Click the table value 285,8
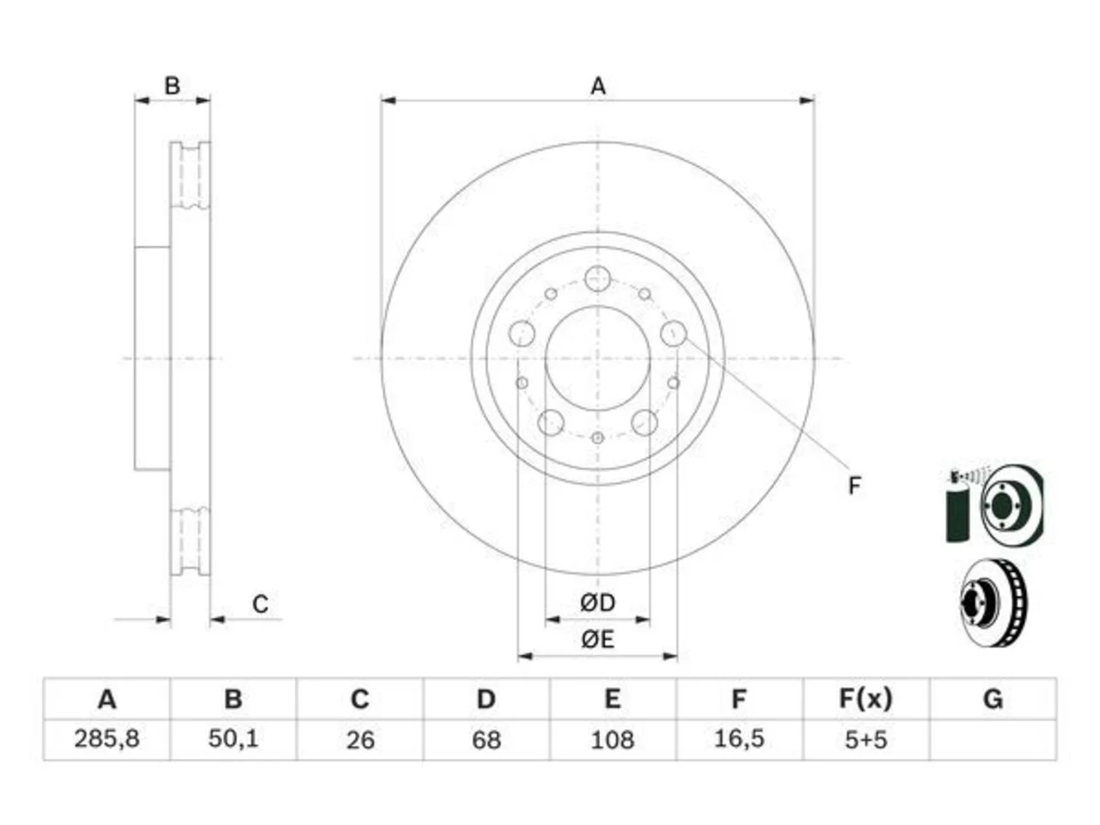[x=107, y=739]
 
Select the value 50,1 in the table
[x=233, y=739]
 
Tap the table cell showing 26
[x=360, y=740]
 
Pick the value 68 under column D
[x=486, y=740]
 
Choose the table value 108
[x=613, y=740]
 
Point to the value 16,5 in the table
[x=739, y=739]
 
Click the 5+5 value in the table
[x=865, y=740]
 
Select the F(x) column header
[x=865, y=699]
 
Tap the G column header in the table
[x=993, y=699]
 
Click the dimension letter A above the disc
[x=598, y=86]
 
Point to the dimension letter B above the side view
[x=173, y=86]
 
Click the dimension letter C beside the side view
[x=260, y=604]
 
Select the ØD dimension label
[x=597, y=602]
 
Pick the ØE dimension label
[x=597, y=639]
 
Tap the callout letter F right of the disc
[x=854, y=486]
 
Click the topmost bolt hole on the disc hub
[x=597, y=278]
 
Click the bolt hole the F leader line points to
[x=674, y=333]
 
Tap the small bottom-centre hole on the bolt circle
[x=597, y=437]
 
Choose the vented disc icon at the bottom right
[x=993, y=602]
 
